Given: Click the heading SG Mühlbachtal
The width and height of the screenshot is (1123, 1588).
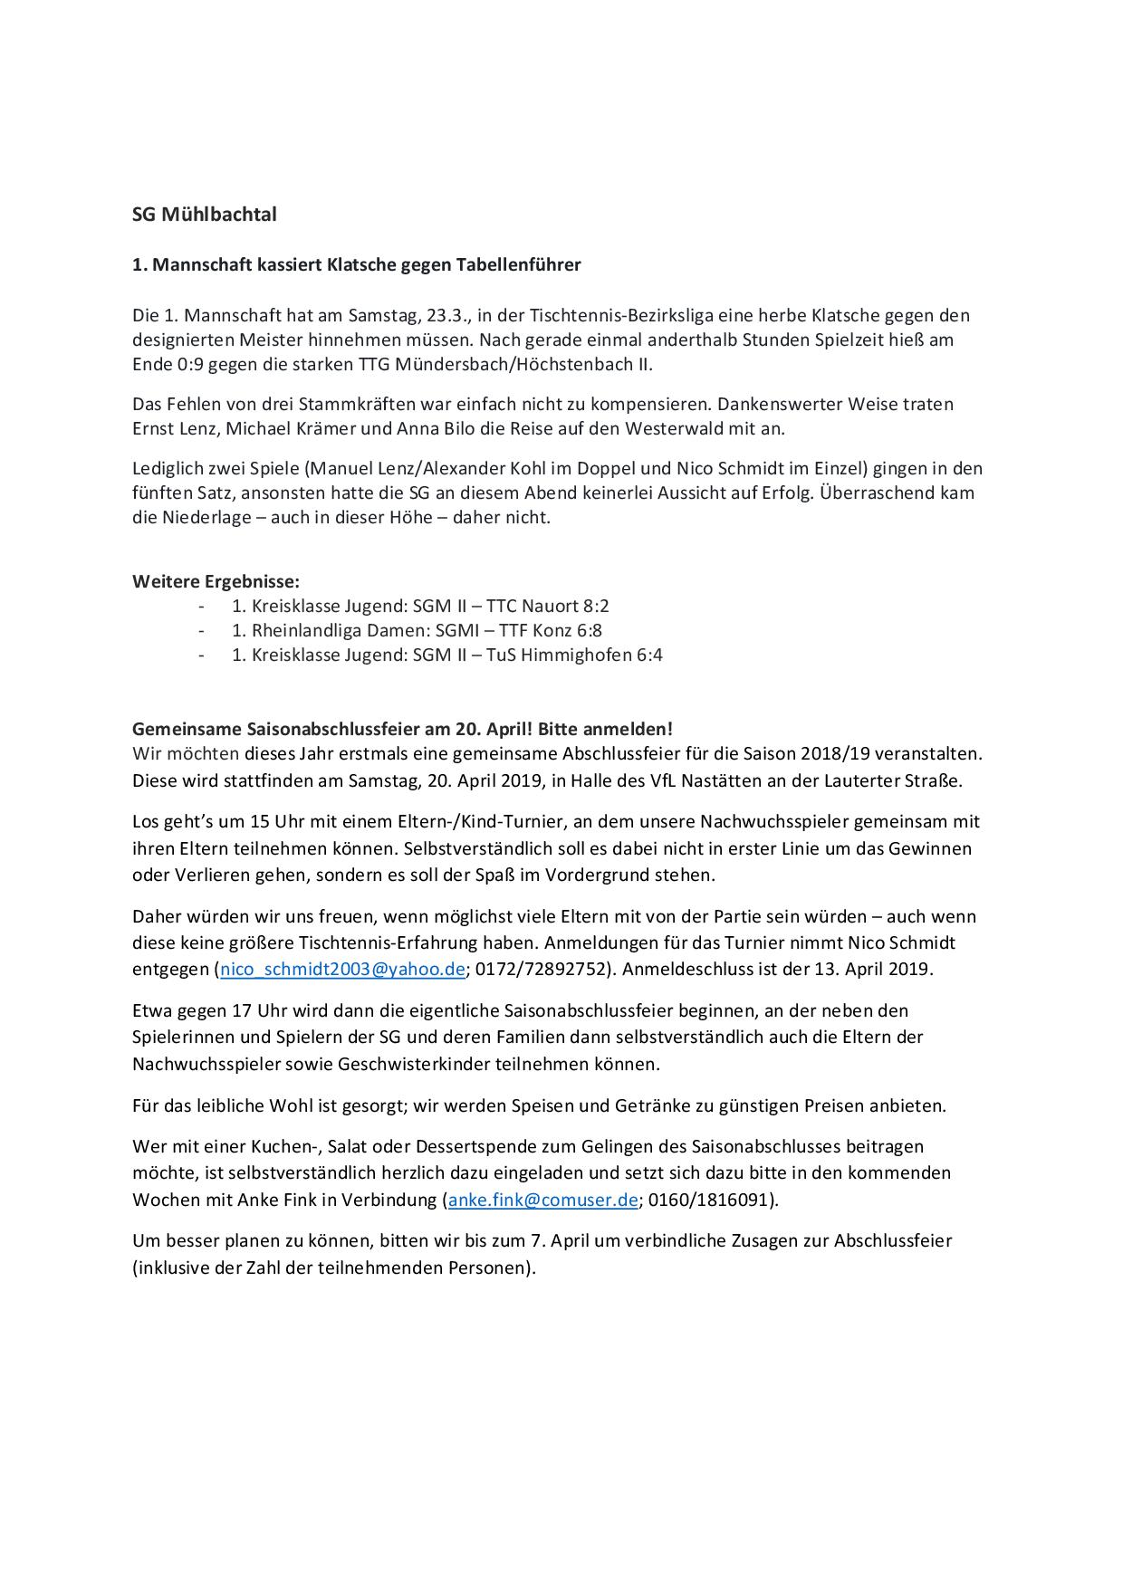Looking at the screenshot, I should [205, 215].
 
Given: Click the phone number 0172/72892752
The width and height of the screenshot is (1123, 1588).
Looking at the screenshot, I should [540, 969].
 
